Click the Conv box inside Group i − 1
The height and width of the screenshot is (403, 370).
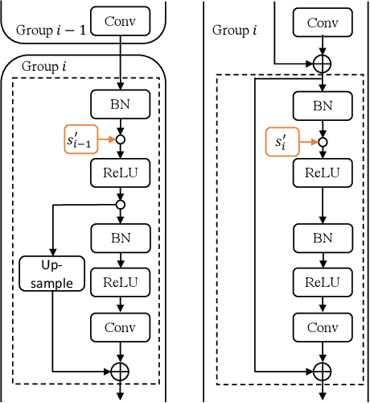[119, 22]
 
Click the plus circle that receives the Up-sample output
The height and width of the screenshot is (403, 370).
[119, 372]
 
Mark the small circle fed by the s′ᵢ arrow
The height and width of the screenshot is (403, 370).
[322, 143]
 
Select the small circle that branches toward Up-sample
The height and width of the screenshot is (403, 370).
[119, 205]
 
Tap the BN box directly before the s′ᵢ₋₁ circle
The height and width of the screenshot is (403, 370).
[119, 104]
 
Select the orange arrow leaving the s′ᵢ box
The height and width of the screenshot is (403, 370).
[309, 143]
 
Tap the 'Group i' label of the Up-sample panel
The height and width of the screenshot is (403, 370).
[45, 66]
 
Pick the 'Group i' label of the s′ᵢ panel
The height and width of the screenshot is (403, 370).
[234, 30]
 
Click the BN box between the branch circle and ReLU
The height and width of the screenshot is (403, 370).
[119, 238]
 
